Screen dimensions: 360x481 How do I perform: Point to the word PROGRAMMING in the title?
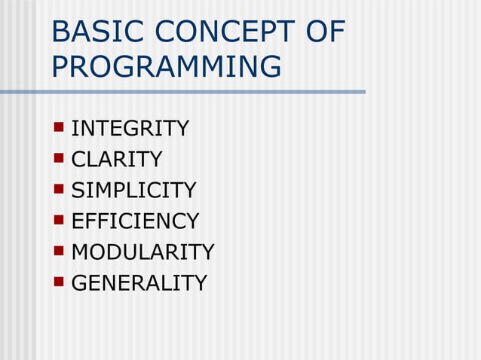167,67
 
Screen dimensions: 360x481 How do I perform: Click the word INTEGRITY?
130,129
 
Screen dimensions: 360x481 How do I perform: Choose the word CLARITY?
117,160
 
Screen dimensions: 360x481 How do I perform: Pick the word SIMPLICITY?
133,191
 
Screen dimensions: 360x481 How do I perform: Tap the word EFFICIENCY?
135,221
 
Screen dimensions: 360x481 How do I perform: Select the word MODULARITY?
142,252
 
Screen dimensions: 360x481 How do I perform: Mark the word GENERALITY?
139,283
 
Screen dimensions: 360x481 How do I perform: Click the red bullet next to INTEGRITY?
59,127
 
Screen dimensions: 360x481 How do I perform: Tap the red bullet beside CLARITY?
59,158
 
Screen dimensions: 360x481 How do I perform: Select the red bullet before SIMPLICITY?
59,189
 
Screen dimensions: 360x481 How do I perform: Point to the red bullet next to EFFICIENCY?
59,220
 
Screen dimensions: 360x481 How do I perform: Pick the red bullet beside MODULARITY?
59,251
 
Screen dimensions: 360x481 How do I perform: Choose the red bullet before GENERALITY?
59,282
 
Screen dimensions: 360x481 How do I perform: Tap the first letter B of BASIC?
62,33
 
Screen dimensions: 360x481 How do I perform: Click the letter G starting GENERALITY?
79,283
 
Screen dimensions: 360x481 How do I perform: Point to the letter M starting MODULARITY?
81,252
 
